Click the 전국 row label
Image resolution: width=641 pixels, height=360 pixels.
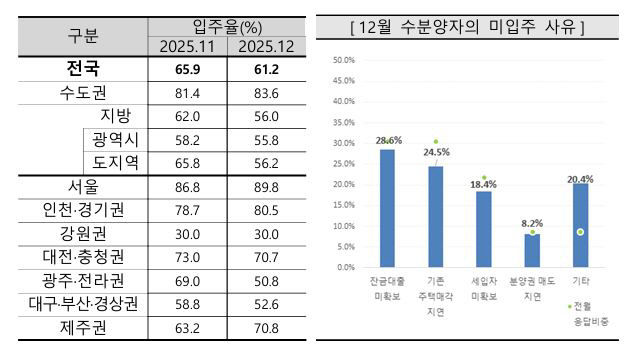(84, 70)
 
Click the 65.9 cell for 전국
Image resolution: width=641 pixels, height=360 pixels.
(188, 71)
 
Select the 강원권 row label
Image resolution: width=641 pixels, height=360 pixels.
(84, 233)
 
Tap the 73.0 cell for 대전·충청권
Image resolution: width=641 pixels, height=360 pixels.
(188, 256)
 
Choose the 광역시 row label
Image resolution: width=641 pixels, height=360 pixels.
(117, 140)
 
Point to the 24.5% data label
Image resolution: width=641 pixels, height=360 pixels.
(436, 153)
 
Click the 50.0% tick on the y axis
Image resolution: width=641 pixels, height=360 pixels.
(342, 60)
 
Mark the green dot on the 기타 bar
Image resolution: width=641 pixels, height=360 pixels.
(580, 232)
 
